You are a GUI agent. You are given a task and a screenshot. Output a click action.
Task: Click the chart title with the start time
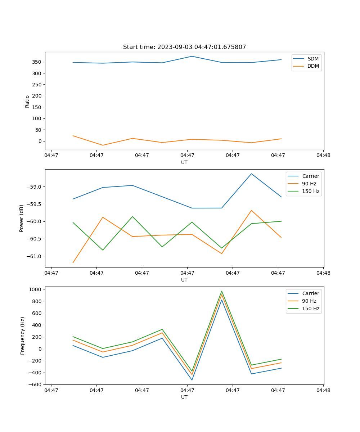(x=184, y=47)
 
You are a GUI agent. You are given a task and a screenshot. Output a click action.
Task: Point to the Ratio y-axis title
(x=27, y=101)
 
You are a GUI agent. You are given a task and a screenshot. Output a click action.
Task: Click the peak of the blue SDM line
(x=192, y=56)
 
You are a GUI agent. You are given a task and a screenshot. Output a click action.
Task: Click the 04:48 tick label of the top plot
(x=323, y=156)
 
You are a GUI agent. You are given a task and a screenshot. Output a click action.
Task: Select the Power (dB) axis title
(x=22, y=218)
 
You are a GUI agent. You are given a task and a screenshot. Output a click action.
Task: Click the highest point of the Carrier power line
(x=251, y=174)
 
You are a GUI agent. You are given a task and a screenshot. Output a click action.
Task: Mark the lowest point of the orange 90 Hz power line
(x=73, y=263)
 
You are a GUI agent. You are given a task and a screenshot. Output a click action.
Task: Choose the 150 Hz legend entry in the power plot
(x=311, y=191)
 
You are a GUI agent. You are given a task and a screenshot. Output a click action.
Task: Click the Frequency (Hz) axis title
(x=23, y=336)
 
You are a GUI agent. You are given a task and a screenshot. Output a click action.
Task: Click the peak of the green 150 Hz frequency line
(x=222, y=291)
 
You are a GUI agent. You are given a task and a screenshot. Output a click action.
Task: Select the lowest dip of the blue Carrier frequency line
(x=192, y=380)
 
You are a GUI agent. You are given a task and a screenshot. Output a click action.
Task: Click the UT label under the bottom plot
(x=184, y=397)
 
